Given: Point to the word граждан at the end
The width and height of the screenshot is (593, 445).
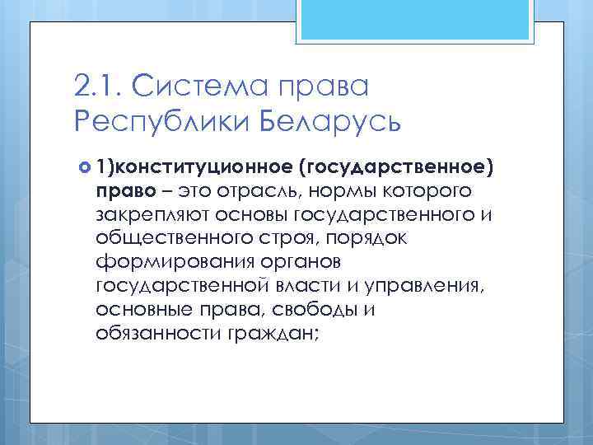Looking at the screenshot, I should [x=264, y=335].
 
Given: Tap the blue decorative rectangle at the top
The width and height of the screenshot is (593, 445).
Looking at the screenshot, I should [x=415, y=21].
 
